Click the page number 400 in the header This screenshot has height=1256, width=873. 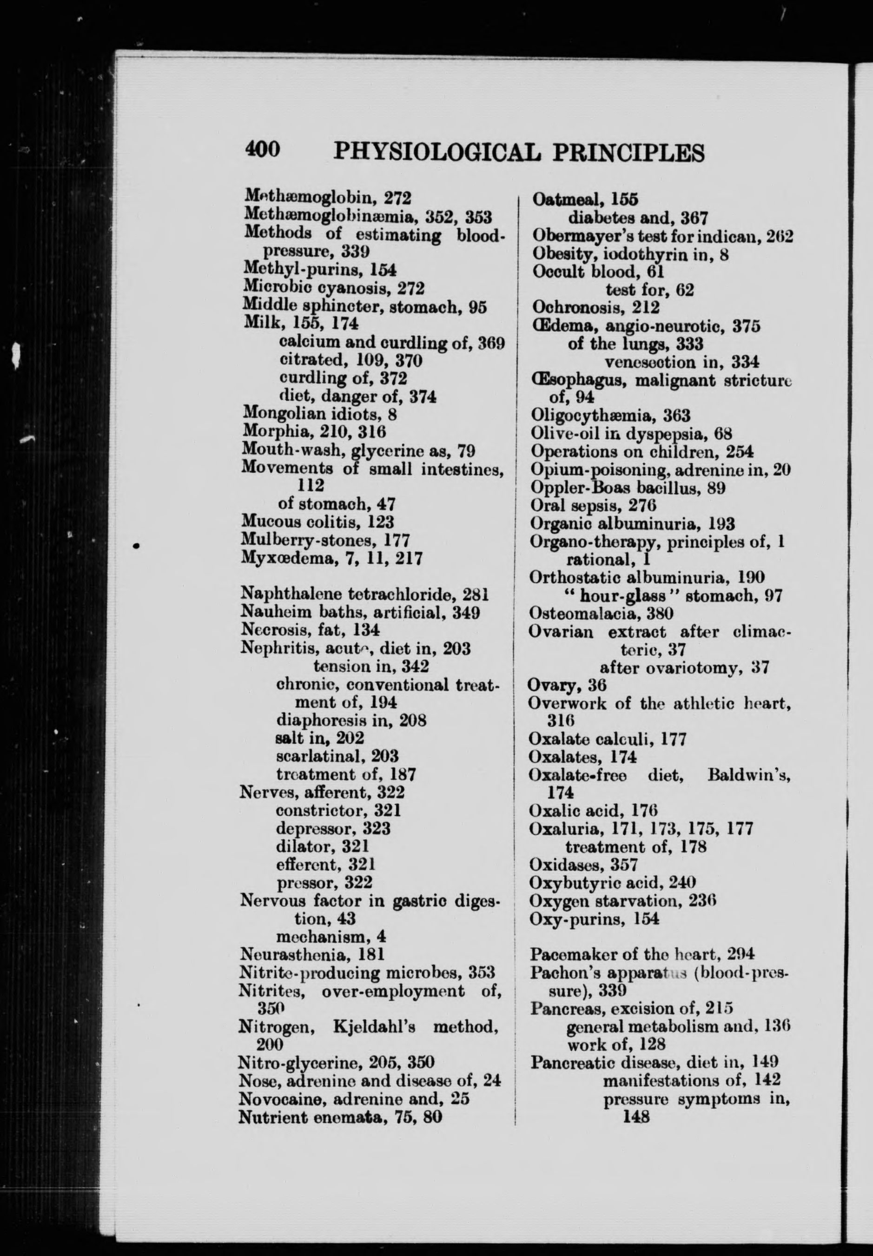[x=263, y=149]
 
